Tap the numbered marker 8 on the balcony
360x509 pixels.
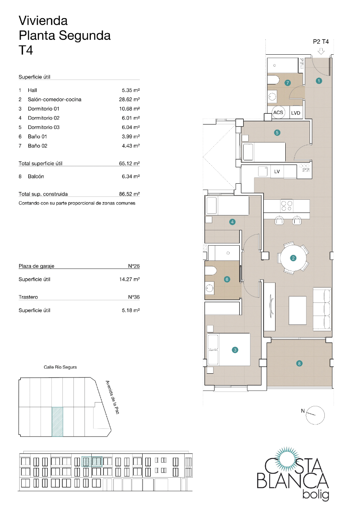coord(299,363)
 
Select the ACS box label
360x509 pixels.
coord(278,113)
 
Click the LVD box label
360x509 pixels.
coord(295,113)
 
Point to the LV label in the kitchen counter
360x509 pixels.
coord(277,171)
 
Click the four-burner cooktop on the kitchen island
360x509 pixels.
coord(287,206)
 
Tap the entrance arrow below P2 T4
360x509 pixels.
coord(321,51)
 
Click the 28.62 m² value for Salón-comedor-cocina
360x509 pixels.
coord(129,100)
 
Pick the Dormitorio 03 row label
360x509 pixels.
coord(43,127)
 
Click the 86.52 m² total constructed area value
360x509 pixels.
coord(129,194)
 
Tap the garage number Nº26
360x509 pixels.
coord(134,266)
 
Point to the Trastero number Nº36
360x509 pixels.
coord(134,297)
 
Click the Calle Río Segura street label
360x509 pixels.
coord(60,367)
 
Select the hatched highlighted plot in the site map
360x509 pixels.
coord(57,421)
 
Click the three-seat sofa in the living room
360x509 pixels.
coord(322,308)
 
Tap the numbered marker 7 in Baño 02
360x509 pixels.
coord(287,83)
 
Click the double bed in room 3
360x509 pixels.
coord(228,350)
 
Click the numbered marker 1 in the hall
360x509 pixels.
coord(319,80)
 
